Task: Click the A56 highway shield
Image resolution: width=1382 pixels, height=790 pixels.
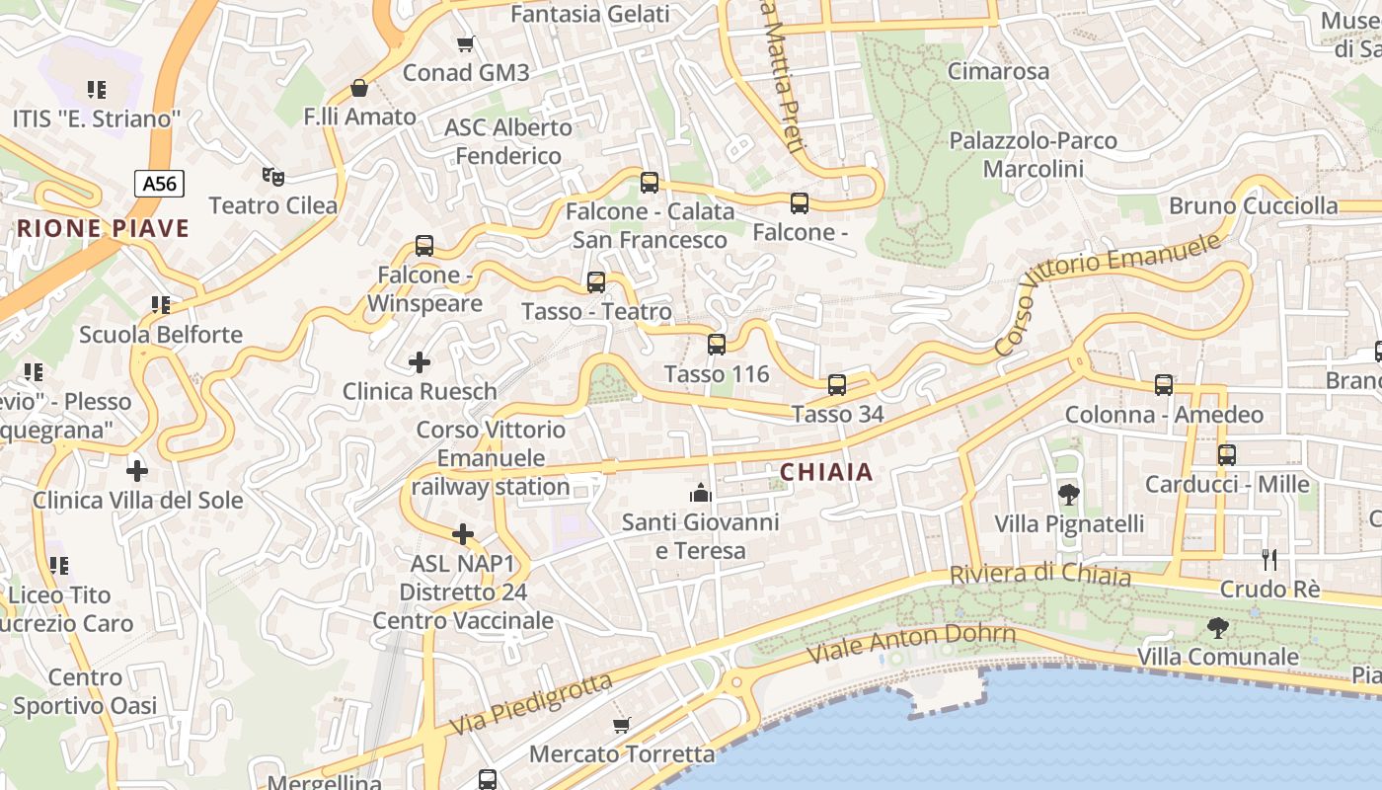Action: tap(159, 183)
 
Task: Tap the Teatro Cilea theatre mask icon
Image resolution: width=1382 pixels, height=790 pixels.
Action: tap(273, 177)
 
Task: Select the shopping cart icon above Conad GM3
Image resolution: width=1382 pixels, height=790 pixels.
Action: tap(466, 43)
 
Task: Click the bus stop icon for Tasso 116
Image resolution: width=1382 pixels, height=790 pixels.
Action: tap(717, 345)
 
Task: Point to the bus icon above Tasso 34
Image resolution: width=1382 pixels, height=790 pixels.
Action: tap(837, 384)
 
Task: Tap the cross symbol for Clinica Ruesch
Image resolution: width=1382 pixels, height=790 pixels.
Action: tap(420, 362)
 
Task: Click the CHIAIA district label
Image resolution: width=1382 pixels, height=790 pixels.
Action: tap(826, 472)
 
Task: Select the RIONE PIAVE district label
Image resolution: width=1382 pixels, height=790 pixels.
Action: tap(103, 229)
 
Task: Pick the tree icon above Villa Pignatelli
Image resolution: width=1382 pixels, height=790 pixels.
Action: tap(1068, 495)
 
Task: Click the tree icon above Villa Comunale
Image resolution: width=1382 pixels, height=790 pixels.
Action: tap(1218, 627)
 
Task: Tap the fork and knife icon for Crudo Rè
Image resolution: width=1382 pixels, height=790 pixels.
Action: tap(1269, 560)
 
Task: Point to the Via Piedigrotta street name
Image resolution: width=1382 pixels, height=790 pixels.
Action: tap(531, 704)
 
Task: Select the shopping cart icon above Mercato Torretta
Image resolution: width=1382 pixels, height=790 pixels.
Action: tap(621, 726)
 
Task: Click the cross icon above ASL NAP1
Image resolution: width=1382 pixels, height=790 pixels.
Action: tap(463, 535)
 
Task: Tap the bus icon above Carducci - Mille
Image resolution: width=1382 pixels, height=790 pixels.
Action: tap(1227, 455)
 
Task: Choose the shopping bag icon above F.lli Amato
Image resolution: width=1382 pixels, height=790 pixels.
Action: tap(359, 88)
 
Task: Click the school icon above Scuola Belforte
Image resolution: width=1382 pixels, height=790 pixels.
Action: tap(161, 305)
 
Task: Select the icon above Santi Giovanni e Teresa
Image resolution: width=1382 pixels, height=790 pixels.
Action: tap(701, 492)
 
